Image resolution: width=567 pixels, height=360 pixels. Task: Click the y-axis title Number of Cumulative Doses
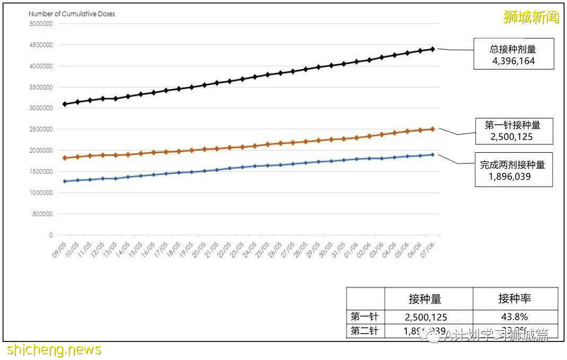click(72, 14)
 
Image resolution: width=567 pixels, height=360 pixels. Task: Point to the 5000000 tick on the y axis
click(41, 24)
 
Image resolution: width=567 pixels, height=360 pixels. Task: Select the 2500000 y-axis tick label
click(41, 129)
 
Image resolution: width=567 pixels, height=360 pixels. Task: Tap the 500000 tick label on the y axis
click(42, 214)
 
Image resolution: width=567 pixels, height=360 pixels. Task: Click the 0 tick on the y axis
click(51, 235)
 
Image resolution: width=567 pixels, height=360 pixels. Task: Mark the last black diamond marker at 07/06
click(432, 49)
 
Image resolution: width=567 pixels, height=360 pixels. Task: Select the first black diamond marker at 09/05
click(64, 104)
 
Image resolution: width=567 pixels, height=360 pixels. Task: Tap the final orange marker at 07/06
click(432, 129)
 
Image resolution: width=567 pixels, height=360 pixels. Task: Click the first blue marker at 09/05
click(64, 181)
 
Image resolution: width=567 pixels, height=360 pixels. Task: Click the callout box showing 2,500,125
click(512, 131)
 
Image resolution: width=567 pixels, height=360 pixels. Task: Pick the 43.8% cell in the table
click(514, 317)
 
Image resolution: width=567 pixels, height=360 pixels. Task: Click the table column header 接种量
click(425, 299)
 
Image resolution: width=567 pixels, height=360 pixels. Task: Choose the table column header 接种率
click(514, 299)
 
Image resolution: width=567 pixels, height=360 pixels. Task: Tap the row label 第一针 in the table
click(365, 317)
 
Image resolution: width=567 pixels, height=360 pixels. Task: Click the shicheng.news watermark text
click(54, 350)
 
